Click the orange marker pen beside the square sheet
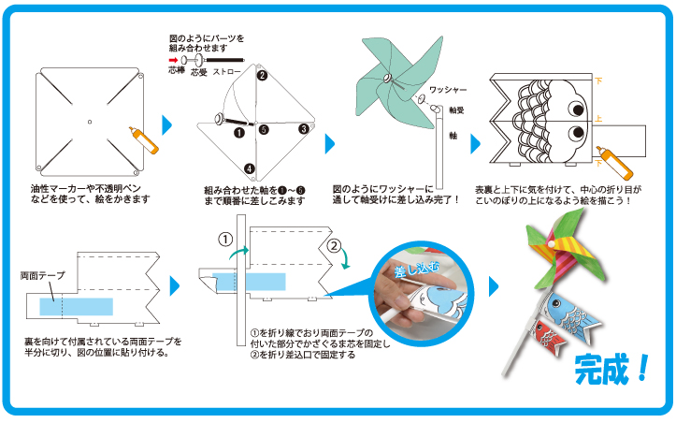(146, 141)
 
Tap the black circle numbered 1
(239, 133)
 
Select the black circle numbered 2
(263, 76)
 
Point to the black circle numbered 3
(304, 129)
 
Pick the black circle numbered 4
(250, 169)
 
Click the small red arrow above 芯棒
(175, 56)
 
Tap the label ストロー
(227, 71)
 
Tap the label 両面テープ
(41, 278)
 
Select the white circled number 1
(225, 239)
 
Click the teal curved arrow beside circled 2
(347, 261)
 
